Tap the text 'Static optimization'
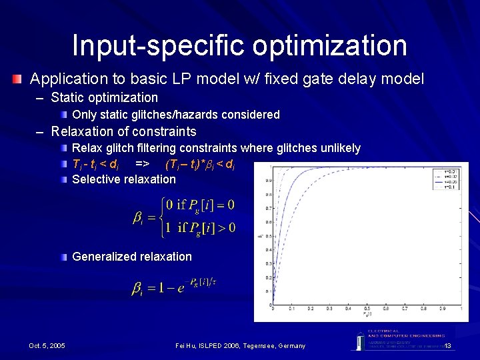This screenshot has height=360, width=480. [105, 98]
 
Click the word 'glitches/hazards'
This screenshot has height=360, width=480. [183, 115]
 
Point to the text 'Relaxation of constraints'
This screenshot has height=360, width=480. [123, 131]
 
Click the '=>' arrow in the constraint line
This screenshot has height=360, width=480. [141, 163]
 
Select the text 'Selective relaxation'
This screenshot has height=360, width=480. [124, 179]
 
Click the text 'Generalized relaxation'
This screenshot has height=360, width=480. [131, 257]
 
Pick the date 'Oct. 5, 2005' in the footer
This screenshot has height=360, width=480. [47, 345]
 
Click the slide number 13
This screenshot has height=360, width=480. [448, 345]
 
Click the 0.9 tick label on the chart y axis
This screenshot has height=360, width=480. [267, 180]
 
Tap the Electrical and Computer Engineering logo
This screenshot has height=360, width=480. [398, 339]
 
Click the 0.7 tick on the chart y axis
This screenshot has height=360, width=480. [267, 208]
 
